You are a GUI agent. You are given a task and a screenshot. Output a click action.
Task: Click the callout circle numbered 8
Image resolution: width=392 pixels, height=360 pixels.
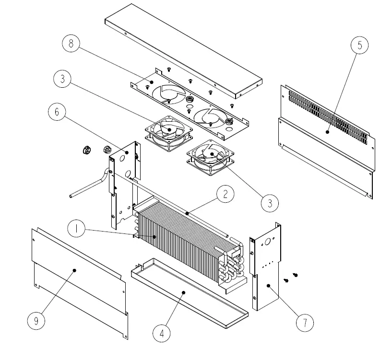(x=71, y=44)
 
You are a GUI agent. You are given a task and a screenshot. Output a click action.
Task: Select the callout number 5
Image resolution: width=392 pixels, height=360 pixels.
(x=359, y=46)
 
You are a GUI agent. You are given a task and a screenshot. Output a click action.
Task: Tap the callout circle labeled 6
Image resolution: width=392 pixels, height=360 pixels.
(x=57, y=112)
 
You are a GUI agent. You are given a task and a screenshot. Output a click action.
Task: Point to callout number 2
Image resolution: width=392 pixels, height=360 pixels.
(x=225, y=195)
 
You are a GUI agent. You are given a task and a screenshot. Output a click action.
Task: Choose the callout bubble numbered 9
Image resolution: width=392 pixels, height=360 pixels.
(x=36, y=321)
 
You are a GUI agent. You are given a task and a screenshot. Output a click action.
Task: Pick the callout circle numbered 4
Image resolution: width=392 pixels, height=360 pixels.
(x=162, y=333)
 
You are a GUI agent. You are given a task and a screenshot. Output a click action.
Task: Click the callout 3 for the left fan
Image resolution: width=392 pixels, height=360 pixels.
(x=63, y=79)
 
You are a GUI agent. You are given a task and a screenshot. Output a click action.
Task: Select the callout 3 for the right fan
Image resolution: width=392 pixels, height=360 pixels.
(x=270, y=203)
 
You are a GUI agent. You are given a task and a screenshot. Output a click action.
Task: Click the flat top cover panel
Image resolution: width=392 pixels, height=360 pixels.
(x=182, y=48)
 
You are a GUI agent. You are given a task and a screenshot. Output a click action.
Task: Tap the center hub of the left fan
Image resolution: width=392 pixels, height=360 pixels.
(x=168, y=129)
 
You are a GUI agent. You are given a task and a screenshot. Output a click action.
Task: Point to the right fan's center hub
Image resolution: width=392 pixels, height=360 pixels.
(x=210, y=154)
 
